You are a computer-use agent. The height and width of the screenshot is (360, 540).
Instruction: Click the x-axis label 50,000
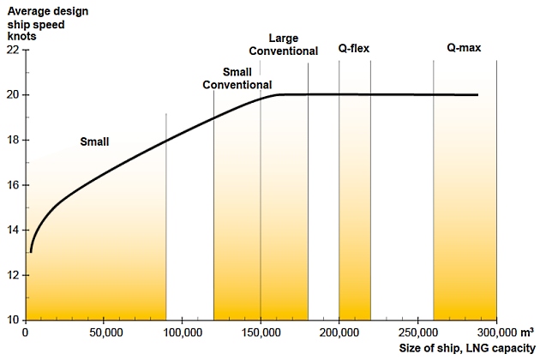tap(104, 333)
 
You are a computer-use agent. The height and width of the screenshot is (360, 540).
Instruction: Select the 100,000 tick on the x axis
tap(182, 333)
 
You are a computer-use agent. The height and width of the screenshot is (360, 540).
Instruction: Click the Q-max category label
tap(464, 48)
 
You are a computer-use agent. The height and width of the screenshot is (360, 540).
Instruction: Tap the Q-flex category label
tap(353, 48)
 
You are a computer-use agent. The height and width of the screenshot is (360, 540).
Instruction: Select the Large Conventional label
tap(283, 45)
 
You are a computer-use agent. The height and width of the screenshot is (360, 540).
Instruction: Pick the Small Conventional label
tap(237, 78)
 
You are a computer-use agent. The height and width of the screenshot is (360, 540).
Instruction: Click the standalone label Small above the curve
tap(94, 141)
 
